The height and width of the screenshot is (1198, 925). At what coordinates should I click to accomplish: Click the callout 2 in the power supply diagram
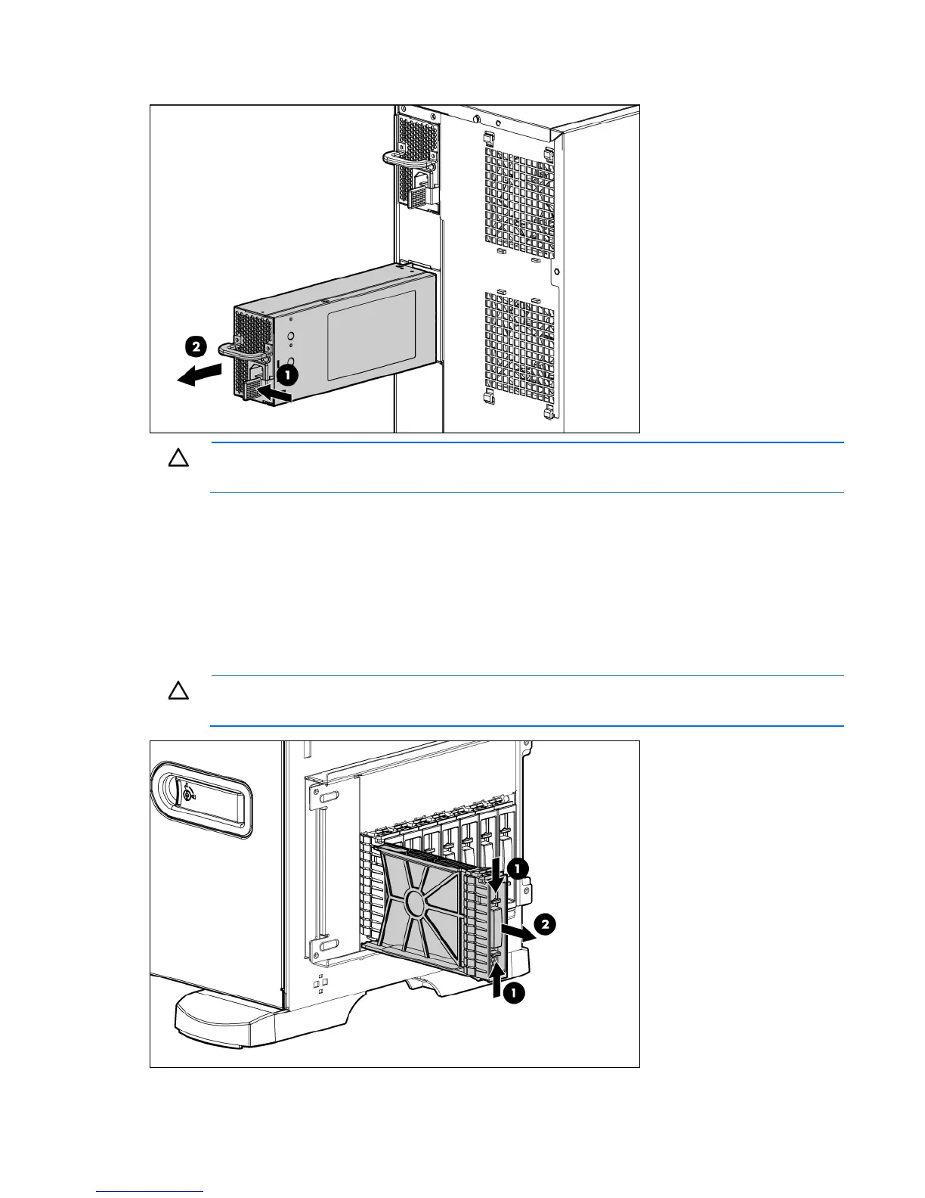(x=195, y=347)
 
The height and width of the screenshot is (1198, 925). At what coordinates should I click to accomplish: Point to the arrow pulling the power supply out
(x=200, y=375)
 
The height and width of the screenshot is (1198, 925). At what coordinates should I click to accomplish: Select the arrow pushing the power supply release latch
(x=274, y=393)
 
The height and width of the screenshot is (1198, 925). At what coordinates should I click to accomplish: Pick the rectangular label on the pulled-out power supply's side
(x=371, y=335)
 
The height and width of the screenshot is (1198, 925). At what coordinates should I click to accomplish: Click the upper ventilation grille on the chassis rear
(x=519, y=199)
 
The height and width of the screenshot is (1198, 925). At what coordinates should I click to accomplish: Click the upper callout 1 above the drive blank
(x=517, y=869)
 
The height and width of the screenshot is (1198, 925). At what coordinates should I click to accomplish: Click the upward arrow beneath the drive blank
(x=495, y=984)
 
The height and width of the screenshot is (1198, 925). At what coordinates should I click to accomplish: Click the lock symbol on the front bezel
(x=188, y=793)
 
